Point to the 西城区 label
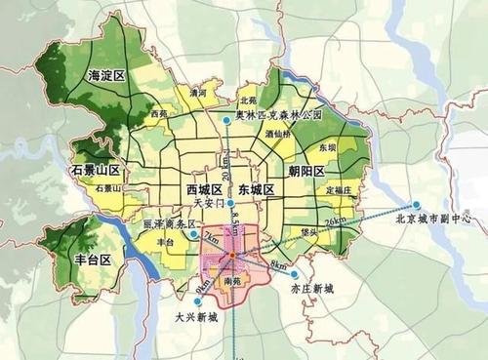click(x=205, y=188)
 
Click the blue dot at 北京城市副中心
click(x=416, y=205)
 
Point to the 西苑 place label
click(x=158, y=114)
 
